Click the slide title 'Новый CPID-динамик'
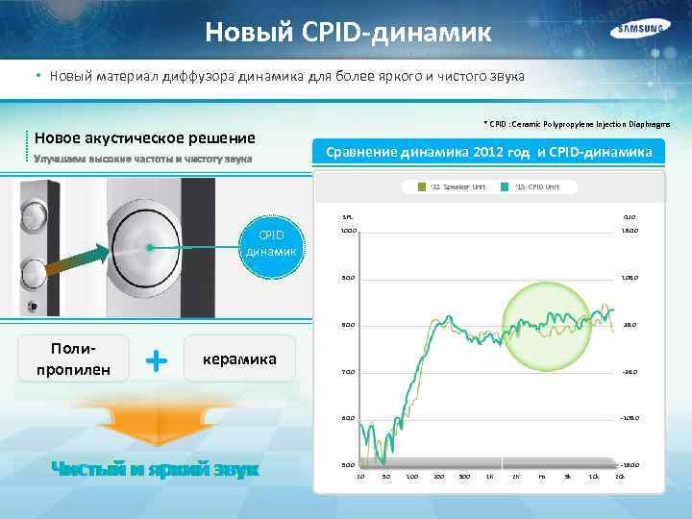348,34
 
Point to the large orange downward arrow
154,419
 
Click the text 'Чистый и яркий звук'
155,469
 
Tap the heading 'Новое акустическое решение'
145,136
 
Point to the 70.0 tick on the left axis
348,372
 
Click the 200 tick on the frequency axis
438,477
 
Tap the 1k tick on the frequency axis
489,477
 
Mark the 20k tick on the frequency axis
619,477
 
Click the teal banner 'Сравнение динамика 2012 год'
489,153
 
